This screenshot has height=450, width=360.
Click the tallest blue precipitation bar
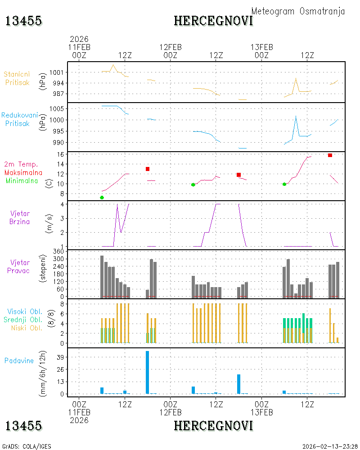click(147, 372)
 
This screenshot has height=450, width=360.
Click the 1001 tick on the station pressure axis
click(56, 72)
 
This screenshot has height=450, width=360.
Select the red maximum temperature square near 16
click(330, 155)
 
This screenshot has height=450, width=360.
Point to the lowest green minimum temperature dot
click(102, 198)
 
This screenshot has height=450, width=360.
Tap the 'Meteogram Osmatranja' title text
click(298, 11)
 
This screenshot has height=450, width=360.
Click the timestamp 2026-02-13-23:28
click(330, 446)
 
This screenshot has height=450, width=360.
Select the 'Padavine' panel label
click(19, 361)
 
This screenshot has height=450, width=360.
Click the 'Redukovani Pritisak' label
click(19, 119)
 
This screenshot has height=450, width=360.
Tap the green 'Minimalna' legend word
click(22, 181)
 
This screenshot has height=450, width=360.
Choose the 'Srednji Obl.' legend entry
click(23, 319)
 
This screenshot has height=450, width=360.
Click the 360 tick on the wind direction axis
click(58, 252)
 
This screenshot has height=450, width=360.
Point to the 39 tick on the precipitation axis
click(60, 357)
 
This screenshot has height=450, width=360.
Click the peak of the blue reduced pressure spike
click(296, 116)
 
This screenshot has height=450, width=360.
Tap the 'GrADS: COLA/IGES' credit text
click(27, 446)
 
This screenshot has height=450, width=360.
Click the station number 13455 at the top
click(23, 21)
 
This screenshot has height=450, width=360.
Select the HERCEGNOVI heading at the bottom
click(213, 426)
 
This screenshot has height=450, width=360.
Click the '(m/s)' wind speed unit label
click(49, 224)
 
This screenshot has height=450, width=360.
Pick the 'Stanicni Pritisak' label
click(17, 78)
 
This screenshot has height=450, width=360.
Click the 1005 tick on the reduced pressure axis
click(57, 109)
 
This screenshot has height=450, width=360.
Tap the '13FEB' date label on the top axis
click(261, 47)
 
